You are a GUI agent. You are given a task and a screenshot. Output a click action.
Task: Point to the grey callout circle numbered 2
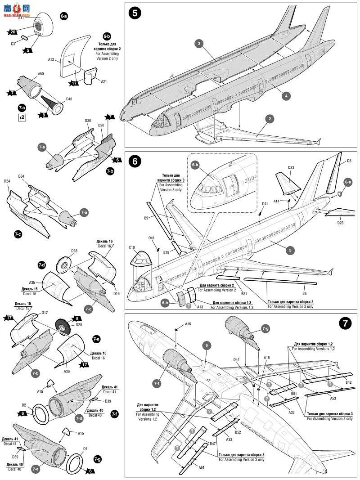269,119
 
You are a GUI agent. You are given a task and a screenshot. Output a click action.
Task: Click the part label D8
349,161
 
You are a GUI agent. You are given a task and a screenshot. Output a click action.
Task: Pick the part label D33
291,167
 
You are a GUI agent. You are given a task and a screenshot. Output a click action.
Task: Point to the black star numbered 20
13,31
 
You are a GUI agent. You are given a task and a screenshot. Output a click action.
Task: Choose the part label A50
40,74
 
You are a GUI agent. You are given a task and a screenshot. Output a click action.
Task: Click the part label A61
201,467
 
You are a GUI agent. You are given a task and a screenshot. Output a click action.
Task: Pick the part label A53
333,398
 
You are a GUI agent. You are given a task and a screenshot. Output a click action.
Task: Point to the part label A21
103,81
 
